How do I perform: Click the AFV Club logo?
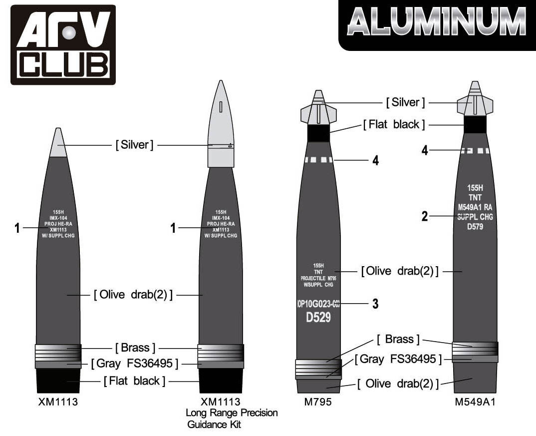63,44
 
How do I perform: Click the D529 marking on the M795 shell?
318,317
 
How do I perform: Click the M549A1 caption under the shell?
475,403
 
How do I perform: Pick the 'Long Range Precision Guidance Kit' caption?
232,419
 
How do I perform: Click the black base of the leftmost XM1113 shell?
58,381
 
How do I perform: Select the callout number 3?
375,303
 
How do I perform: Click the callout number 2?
425,216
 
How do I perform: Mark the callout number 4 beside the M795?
375,160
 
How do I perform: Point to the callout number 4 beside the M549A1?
425,150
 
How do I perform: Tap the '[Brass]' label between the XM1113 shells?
135,347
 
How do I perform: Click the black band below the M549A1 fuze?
475,124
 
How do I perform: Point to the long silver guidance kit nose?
221,125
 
